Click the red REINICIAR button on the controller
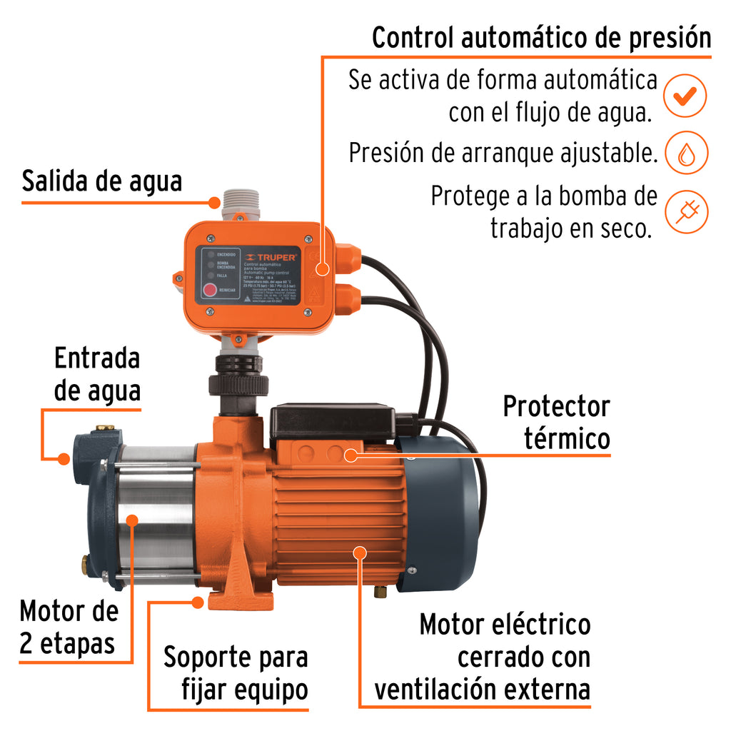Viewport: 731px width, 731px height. click(x=210, y=290)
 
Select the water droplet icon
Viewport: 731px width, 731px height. click(x=685, y=153)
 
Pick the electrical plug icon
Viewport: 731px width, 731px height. click(x=685, y=212)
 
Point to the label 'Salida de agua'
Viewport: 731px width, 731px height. click(x=102, y=181)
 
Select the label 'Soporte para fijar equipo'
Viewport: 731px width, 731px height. click(x=236, y=673)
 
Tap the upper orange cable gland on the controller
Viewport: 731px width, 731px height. click(x=348, y=258)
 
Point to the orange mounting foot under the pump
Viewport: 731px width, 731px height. click(x=238, y=593)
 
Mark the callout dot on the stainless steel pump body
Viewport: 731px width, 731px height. click(x=131, y=520)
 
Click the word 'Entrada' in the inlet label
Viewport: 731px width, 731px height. click(x=97, y=358)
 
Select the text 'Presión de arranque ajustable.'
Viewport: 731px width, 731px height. click(x=503, y=153)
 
